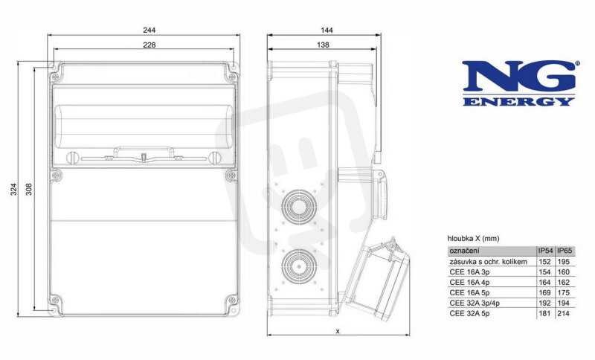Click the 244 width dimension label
coord(149,30)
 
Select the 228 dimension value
coord(149,45)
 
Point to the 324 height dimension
coord(13,189)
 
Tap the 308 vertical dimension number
coord(29,189)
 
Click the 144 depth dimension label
coord(327,30)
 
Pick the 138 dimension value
coord(323,45)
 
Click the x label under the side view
coord(338,331)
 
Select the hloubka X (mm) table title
coord(474,239)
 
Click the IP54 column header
coord(545,251)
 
